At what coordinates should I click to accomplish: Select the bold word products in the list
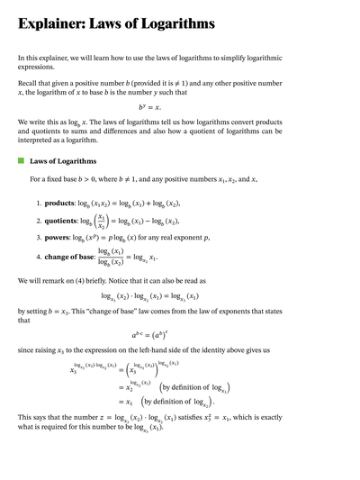point(64,204)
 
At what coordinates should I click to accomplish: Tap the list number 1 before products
point(39,204)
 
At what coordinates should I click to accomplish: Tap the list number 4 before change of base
point(39,258)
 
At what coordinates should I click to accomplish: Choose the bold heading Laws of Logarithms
point(65,161)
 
